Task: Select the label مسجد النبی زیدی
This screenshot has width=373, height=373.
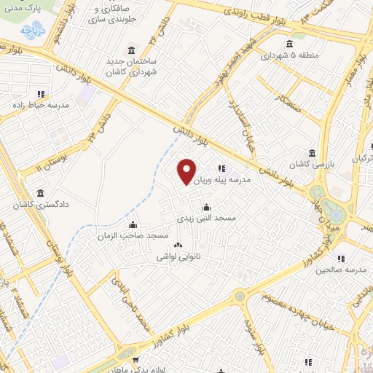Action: click(x=206, y=217)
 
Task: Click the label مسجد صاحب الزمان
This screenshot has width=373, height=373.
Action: click(x=133, y=236)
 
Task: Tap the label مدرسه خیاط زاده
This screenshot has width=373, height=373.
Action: click(x=42, y=105)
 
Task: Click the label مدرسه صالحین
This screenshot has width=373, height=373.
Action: click(x=339, y=270)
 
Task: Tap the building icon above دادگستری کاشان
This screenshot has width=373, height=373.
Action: click(x=39, y=194)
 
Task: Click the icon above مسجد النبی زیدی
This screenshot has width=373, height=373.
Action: click(x=206, y=206)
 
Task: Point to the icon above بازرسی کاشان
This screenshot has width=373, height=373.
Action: click(x=313, y=153)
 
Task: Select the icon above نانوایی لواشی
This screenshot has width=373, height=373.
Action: click(x=178, y=246)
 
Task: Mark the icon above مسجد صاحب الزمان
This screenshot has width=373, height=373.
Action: click(x=133, y=224)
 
